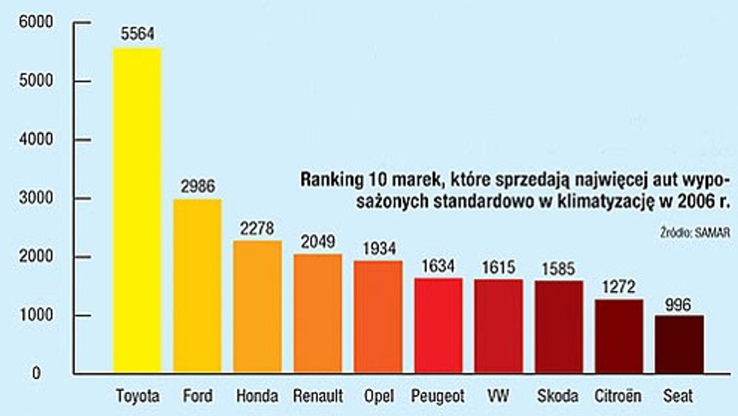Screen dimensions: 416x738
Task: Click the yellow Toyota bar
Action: (x=137, y=210)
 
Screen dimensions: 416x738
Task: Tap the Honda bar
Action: (x=257, y=306)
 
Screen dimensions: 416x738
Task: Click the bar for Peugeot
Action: (x=438, y=325)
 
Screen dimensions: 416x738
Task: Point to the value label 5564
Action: (x=137, y=34)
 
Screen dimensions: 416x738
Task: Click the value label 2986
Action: (x=198, y=186)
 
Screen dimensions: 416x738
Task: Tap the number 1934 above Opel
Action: (x=379, y=248)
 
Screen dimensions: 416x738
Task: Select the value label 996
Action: (x=678, y=305)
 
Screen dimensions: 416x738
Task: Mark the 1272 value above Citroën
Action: (x=619, y=287)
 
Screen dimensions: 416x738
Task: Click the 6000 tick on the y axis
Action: (x=36, y=22)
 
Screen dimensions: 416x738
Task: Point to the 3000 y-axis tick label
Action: (x=36, y=198)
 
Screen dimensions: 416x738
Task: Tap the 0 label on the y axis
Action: (x=36, y=373)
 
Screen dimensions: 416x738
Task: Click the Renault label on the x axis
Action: (x=318, y=396)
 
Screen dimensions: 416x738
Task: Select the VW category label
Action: (x=498, y=396)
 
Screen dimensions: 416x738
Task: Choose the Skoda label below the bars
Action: (x=558, y=396)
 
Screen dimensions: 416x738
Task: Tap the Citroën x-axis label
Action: (x=618, y=396)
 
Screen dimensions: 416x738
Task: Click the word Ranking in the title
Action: (x=332, y=180)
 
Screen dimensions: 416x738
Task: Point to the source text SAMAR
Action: (x=712, y=233)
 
